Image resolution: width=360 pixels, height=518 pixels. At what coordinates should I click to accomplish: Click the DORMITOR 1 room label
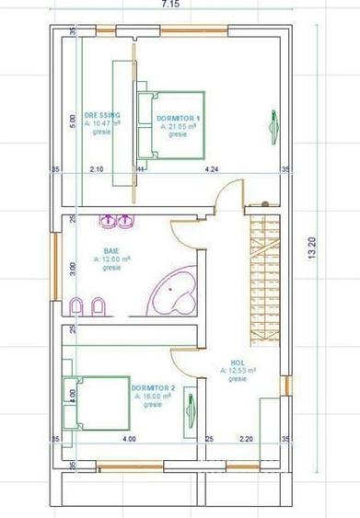click(179, 118)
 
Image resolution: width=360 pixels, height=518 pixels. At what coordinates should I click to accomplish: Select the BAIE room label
click(111, 251)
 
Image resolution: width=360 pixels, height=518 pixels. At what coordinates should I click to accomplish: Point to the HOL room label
click(238, 363)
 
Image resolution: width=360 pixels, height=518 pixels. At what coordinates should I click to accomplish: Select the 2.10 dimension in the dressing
click(96, 169)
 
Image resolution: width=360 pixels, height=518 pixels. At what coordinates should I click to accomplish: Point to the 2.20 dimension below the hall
click(245, 439)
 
